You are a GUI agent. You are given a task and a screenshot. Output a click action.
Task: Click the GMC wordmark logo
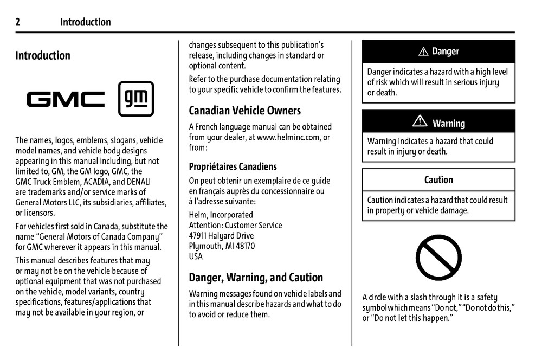point(66,99)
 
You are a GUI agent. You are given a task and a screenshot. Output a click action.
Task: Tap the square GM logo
point(136,99)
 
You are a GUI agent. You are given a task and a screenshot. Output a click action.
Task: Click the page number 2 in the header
point(18,22)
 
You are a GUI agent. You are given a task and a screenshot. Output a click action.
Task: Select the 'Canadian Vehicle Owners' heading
point(244,111)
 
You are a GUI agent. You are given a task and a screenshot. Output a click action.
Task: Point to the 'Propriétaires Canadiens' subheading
point(233,166)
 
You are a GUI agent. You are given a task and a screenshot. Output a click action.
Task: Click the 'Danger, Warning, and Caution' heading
point(256,278)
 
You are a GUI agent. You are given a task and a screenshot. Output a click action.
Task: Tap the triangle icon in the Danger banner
point(424,52)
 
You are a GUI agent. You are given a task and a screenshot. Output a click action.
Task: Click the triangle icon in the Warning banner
point(420,123)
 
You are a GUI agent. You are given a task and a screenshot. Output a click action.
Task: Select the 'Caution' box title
point(438,180)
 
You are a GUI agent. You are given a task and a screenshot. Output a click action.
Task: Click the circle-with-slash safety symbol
point(438,258)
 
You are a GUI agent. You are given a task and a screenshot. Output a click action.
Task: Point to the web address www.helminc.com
point(288,137)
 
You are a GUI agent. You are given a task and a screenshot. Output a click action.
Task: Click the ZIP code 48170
point(244,246)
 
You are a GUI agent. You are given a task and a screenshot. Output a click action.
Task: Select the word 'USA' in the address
point(196,256)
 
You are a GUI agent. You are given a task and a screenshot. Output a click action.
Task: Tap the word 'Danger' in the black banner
point(446,52)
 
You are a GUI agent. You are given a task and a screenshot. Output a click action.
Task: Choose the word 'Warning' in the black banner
point(448,124)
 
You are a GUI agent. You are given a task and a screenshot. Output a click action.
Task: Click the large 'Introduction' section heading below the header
point(43,55)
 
